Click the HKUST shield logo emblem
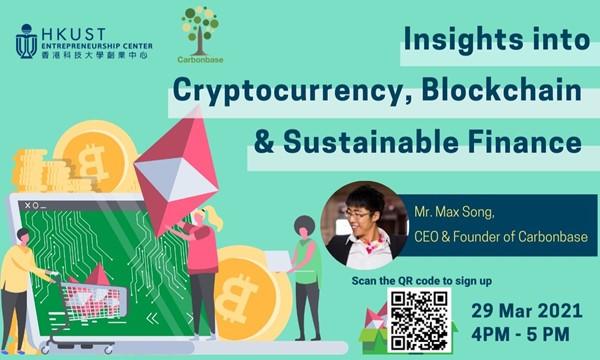26,41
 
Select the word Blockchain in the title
502,89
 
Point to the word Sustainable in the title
371,141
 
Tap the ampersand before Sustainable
264,142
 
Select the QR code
419,321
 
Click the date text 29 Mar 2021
527,311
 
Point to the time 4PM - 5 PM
520,334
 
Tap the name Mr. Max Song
454,212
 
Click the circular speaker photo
364,225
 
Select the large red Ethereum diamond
176,173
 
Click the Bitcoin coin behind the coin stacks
97,156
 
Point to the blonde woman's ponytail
215,218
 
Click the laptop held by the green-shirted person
279,261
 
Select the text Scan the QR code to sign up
422,281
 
